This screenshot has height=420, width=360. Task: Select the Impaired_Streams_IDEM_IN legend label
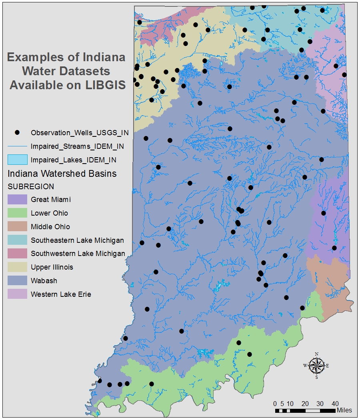[77, 146]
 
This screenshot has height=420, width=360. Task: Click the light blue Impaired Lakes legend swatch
[17, 160]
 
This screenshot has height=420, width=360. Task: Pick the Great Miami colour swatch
[17, 199]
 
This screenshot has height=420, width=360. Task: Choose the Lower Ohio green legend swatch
[17, 213]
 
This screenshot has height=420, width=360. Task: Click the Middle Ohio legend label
[50, 227]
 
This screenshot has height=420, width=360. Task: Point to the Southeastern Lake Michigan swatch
[17, 240]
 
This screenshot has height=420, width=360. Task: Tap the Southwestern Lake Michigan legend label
[78, 254]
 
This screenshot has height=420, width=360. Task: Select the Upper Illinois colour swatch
[17, 267]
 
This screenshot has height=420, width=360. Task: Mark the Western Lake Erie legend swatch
[17, 294]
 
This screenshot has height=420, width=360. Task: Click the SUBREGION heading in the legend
[31, 186]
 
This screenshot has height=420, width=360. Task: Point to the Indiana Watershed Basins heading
[62, 174]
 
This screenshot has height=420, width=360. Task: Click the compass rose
[316, 365]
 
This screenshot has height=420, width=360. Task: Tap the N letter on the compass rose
[317, 354]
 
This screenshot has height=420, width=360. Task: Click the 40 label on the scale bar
[335, 403]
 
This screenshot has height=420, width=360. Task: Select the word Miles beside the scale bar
[344, 410]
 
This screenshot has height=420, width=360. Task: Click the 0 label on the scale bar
[275, 403]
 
